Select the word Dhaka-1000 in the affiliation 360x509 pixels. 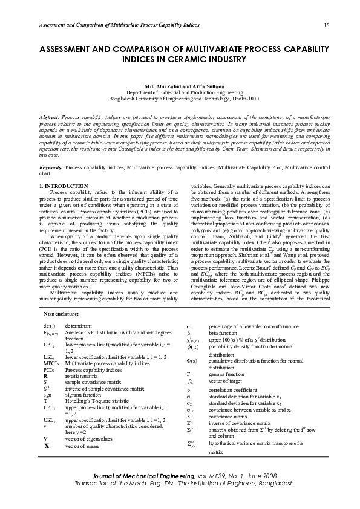point(246,98)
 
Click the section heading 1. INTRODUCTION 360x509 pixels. point(64,186)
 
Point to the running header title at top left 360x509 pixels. point(119,25)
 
